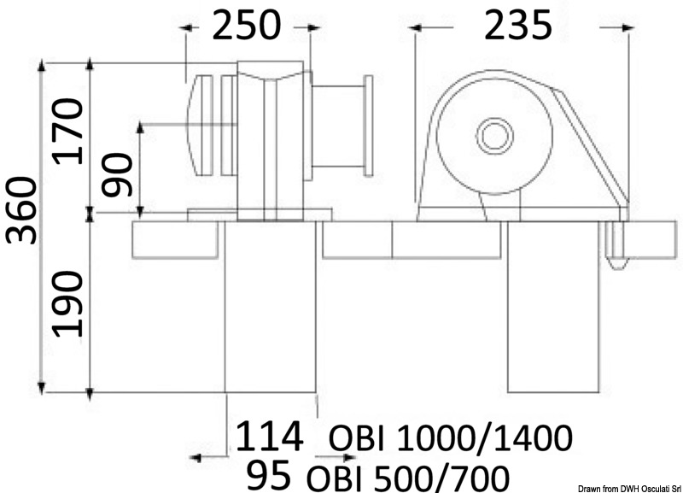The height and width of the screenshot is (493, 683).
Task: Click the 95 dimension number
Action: point(271,472)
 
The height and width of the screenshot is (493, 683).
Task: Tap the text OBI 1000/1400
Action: point(444,439)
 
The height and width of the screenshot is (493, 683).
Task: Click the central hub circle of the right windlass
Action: point(493,136)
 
